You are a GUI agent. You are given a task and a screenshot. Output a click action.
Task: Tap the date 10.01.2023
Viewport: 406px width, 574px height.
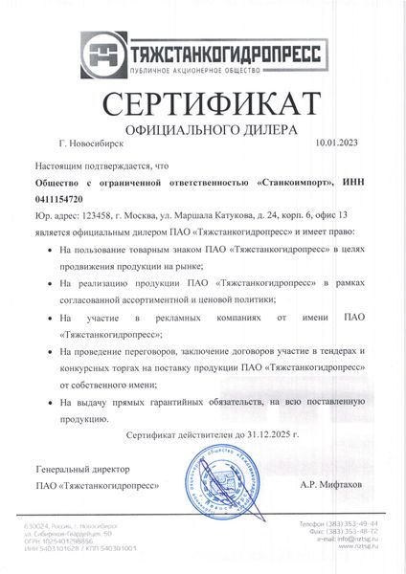point(334,143)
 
